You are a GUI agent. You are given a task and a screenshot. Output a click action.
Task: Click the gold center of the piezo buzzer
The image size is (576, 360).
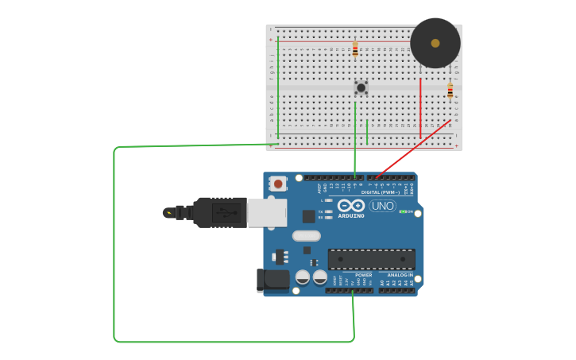click(435, 43)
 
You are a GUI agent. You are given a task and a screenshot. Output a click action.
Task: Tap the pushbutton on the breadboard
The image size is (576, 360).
click(361, 87)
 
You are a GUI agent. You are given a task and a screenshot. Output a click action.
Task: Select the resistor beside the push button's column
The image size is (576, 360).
click(355, 49)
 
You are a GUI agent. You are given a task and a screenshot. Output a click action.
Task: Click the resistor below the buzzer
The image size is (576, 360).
click(450, 91)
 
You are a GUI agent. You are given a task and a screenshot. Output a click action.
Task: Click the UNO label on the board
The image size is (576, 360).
click(382, 206)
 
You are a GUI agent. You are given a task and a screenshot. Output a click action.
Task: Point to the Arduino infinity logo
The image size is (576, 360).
click(351, 205)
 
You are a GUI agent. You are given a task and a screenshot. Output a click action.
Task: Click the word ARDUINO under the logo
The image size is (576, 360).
click(351, 215)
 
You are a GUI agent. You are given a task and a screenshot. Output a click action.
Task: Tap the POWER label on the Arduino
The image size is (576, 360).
click(363, 275)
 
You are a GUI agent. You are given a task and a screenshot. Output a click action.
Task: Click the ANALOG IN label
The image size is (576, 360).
click(400, 275)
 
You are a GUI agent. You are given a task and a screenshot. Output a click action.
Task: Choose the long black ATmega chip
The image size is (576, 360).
click(371, 259)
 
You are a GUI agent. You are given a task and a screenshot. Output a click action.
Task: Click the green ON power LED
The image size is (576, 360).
click(403, 211)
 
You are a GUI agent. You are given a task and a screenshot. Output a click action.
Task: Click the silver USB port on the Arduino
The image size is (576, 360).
click(267, 212)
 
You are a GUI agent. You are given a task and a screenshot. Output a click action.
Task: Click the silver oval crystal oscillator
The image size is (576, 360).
click(306, 235)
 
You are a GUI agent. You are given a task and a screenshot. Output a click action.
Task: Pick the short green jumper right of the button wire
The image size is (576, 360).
click(367, 131)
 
